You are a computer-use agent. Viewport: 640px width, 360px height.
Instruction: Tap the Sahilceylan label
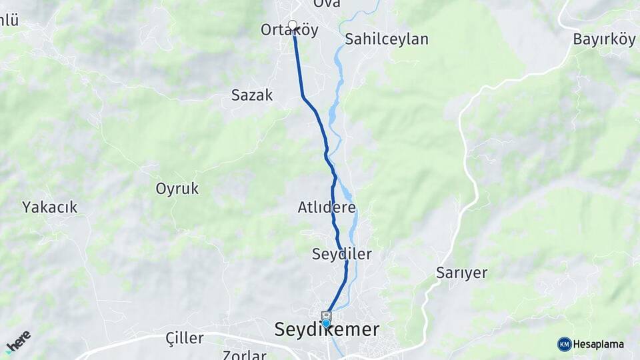point(386,39)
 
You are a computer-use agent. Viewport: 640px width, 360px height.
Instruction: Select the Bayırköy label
point(604,39)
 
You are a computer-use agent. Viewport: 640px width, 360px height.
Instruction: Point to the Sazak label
point(252,95)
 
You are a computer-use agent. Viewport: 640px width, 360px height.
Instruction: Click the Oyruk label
point(177,189)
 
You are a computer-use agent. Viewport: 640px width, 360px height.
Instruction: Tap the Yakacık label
point(49,207)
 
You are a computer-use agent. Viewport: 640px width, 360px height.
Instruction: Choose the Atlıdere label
point(327,207)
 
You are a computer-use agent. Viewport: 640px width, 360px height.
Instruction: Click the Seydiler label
point(341,254)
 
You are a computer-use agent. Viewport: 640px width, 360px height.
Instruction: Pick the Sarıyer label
point(461,273)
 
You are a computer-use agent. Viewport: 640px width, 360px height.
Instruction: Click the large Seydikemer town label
point(327,329)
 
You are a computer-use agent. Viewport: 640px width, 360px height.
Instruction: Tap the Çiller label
point(185,338)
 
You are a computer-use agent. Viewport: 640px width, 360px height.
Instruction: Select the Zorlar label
point(245,355)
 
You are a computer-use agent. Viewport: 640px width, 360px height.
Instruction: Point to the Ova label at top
point(327,4)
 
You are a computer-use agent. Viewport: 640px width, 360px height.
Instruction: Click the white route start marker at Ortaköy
point(292,25)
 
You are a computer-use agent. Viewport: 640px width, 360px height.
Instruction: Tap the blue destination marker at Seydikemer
point(325,324)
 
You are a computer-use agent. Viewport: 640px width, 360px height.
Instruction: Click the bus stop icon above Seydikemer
point(326,315)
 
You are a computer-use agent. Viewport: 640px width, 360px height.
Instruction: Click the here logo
point(18,341)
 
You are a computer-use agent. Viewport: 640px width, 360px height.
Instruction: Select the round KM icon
point(564,344)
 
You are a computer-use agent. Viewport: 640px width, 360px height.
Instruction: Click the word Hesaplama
point(599,344)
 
